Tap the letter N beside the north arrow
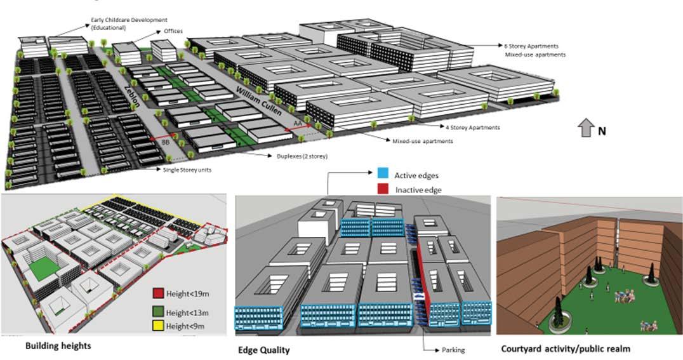(x=602, y=131)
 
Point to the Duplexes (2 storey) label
(x=293, y=154)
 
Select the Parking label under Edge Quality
(x=454, y=349)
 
